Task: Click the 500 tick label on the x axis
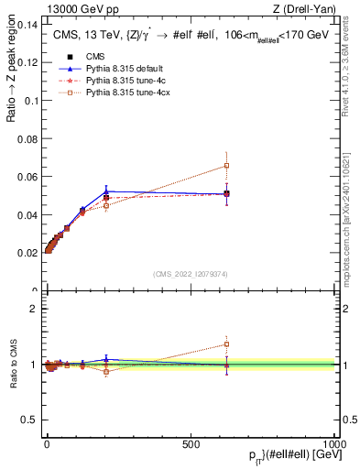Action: tap(191, 442)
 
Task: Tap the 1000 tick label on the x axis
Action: tap(334, 442)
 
